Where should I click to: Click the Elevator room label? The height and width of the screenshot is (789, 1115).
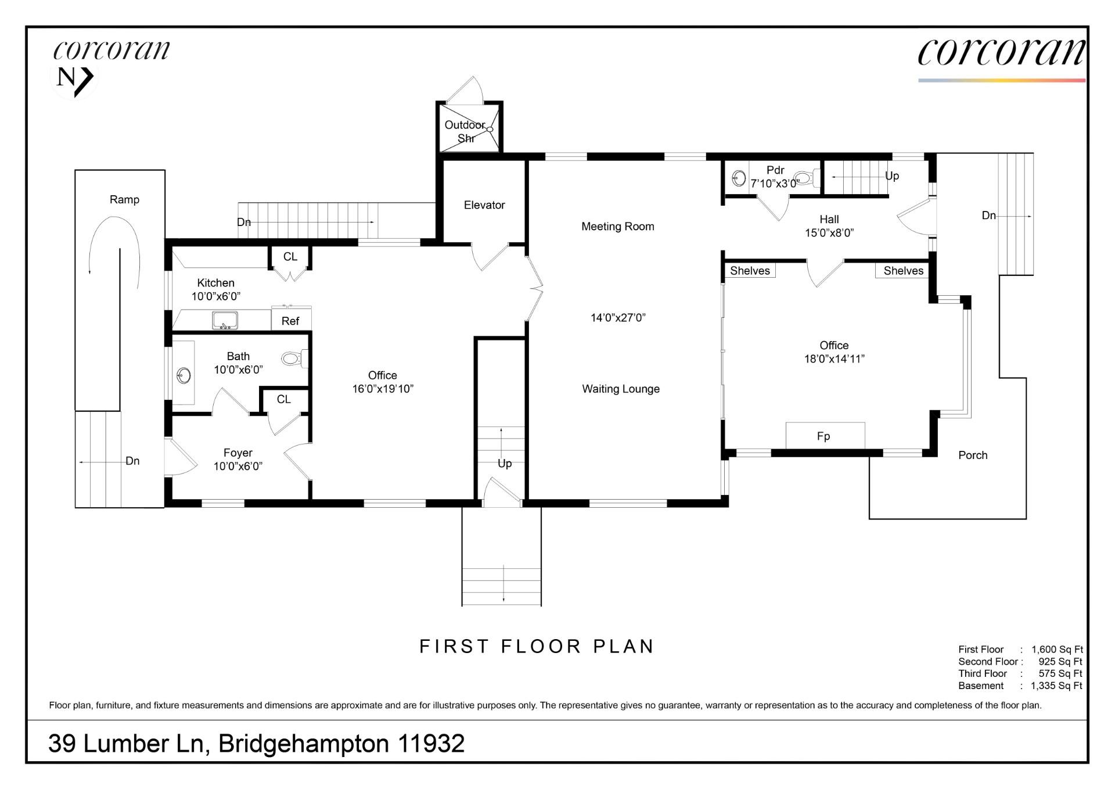point(484,205)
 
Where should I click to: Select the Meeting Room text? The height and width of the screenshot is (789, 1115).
point(617,227)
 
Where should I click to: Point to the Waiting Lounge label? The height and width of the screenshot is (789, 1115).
point(621,389)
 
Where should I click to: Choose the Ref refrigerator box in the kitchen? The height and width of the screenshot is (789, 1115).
point(291,321)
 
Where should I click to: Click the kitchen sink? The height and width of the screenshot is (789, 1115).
point(225,320)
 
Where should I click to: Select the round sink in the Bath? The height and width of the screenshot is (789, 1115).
point(184,375)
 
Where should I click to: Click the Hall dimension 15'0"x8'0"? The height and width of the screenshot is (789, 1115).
point(829,233)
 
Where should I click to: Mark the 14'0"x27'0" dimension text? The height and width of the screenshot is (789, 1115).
point(618,318)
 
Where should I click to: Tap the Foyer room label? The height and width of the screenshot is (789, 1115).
point(238,453)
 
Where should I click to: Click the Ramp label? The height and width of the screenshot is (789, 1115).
point(124,200)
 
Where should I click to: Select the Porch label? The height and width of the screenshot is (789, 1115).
point(973,456)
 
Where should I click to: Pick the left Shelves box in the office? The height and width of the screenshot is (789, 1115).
point(750,271)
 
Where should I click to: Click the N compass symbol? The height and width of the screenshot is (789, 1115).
point(74,78)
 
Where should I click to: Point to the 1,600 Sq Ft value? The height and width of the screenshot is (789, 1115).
point(1057,650)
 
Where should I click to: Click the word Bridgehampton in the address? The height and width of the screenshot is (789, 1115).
point(303,744)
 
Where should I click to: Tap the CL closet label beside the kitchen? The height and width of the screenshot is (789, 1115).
point(290,257)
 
